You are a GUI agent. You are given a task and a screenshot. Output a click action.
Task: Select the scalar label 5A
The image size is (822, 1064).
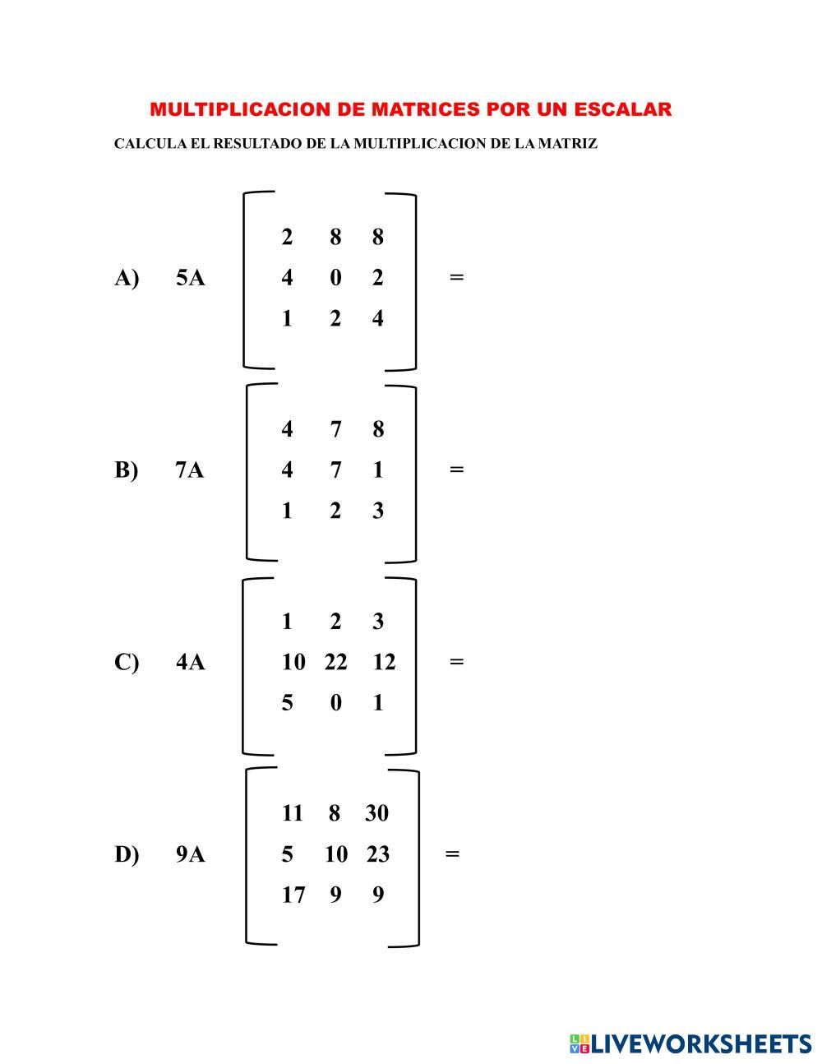(190, 278)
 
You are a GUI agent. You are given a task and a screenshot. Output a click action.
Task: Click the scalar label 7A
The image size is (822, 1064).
(189, 470)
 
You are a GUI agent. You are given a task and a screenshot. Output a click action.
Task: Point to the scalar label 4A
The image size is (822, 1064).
(190, 662)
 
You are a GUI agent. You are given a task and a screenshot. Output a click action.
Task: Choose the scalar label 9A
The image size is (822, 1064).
(190, 855)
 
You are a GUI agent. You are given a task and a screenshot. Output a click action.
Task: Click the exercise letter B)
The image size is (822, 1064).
(127, 470)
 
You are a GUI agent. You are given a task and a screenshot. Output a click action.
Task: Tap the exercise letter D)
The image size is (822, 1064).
(127, 855)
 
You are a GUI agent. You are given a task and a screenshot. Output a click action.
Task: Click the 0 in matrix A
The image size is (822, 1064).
(335, 278)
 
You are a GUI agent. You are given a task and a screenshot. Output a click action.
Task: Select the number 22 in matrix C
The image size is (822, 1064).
(335, 662)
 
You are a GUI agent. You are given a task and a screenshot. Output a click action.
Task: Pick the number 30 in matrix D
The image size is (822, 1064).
(376, 813)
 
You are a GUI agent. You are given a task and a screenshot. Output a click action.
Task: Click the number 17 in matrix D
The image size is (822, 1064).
(293, 895)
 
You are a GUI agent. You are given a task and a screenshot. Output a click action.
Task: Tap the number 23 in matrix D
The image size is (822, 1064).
(377, 854)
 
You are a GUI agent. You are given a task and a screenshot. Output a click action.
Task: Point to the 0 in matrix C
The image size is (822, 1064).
(335, 703)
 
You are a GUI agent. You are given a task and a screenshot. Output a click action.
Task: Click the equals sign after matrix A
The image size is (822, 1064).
(457, 277)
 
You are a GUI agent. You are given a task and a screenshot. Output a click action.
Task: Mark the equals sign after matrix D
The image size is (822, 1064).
(452, 854)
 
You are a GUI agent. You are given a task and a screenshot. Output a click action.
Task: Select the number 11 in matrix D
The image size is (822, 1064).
(293, 813)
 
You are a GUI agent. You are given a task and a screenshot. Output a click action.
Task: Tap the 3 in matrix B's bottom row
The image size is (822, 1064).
(377, 511)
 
